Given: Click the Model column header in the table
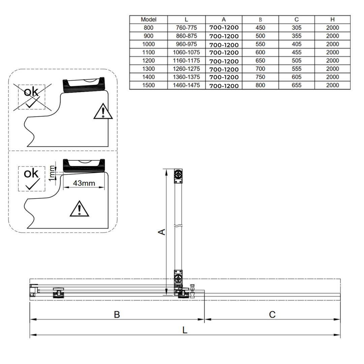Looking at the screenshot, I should pyautogui.click(x=149, y=20).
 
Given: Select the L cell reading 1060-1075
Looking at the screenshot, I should pyautogui.click(x=186, y=52).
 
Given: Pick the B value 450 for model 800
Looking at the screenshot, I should pyautogui.click(x=261, y=28).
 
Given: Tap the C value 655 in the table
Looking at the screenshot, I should pyautogui.click(x=297, y=85).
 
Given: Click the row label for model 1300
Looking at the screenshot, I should pyautogui.click(x=149, y=69).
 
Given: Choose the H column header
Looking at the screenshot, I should pyautogui.click(x=332, y=20).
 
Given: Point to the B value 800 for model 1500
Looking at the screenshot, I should pyautogui.click(x=261, y=85).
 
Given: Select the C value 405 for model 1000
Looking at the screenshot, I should pyautogui.click(x=297, y=44).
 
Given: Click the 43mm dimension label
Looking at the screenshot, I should pyautogui.click(x=84, y=183).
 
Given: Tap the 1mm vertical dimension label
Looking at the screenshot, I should pyautogui.click(x=51, y=173).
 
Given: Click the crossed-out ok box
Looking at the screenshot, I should pyautogui.click(x=32, y=97).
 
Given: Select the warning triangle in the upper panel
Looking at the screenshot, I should pyautogui.click(x=103, y=112).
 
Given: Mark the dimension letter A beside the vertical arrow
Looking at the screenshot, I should pyautogui.click(x=162, y=232).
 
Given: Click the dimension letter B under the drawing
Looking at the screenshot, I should pyautogui.click(x=117, y=314).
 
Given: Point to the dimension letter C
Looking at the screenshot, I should pyautogui.click(x=272, y=314).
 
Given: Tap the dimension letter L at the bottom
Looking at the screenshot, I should pyautogui.click(x=185, y=330).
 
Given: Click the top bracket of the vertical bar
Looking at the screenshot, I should pyautogui.click(x=178, y=176).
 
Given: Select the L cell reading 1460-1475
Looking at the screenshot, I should pyautogui.click(x=186, y=85).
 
